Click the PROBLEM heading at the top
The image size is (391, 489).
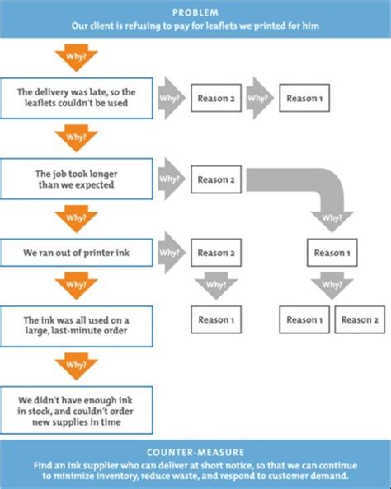click(195, 12)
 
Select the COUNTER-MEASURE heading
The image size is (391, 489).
click(195, 452)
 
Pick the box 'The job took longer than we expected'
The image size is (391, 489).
click(77, 178)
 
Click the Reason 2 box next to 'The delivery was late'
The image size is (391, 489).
click(215, 99)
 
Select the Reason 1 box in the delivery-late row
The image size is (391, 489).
click(304, 99)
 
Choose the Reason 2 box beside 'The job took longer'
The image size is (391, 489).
click(215, 178)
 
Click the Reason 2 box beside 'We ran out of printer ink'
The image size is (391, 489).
click(215, 253)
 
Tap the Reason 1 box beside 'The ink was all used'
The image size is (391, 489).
click(215, 319)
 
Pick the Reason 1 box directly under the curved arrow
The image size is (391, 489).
click(332, 253)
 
